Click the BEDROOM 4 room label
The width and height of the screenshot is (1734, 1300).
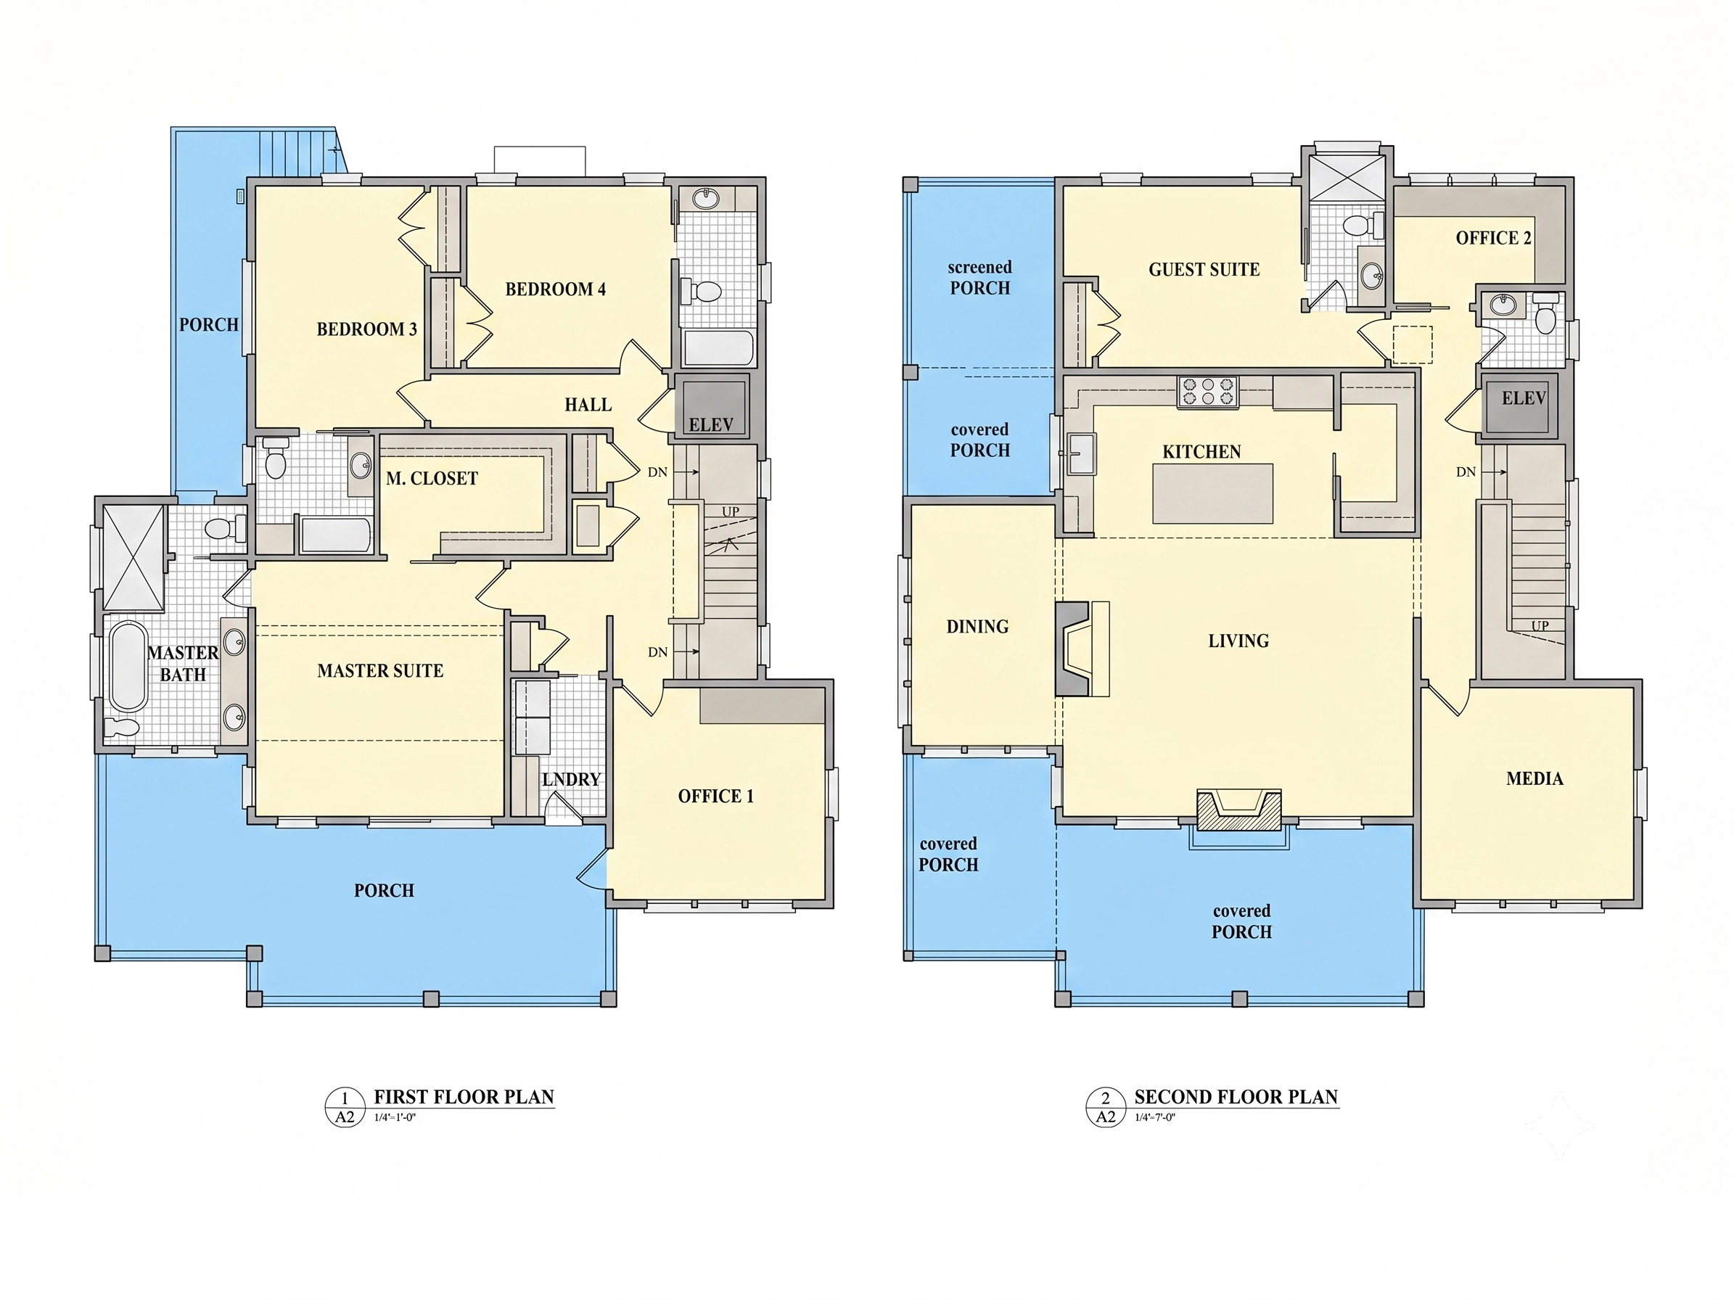(555, 289)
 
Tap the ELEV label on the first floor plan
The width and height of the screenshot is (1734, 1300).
(711, 424)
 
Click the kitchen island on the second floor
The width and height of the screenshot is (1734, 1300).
(1212, 494)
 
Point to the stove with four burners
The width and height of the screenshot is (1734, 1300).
(1208, 392)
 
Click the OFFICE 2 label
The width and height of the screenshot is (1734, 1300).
(1493, 238)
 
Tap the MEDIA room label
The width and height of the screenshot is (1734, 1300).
(1534, 779)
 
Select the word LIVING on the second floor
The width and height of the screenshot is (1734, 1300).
(1238, 641)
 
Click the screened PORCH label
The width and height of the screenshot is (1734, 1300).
(980, 277)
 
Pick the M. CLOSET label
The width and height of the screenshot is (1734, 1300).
(431, 478)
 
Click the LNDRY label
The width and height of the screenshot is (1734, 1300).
(571, 780)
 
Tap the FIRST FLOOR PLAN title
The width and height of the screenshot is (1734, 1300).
(464, 1097)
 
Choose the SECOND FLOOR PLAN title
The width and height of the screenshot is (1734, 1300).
(1236, 1097)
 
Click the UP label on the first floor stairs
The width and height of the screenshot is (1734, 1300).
(730, 511)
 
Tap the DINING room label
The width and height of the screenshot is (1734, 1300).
(977, 627)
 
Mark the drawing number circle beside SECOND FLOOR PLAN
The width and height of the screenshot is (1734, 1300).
(1105, 1107)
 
